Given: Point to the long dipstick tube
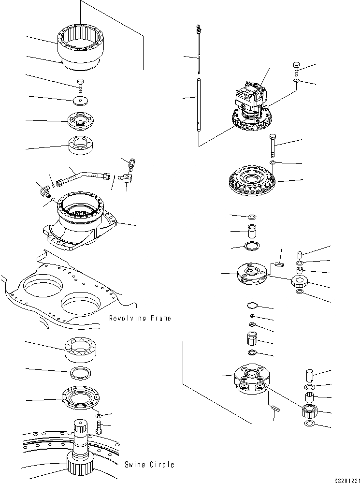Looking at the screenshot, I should pos(199,104).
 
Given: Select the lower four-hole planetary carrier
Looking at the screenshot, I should pos(250,381).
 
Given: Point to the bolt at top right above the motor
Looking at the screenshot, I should pos(297,68).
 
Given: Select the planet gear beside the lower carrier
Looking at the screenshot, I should pos(308,412).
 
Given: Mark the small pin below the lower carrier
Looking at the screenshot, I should pos(276,409).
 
